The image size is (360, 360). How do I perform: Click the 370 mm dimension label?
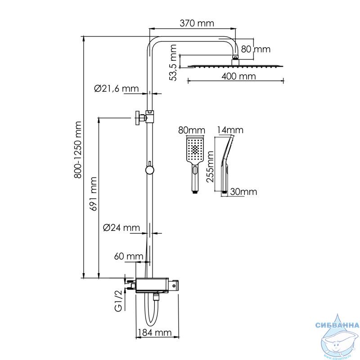pyautogui.click(x=197, y=23)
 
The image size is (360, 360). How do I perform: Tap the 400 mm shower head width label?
pyautogui.click(x=238, y=76)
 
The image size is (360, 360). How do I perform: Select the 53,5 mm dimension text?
pyautogui.click(x=173, y=63)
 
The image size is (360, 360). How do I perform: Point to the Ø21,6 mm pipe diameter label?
pyautogui.click(x=117, y=88)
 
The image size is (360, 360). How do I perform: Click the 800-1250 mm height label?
pyautogui.click(x=78, y=150)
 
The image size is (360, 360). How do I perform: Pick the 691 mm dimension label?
pyautogui.click(x=93, y=194)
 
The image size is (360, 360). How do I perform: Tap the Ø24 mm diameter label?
pyautogui.click(x=121, y=228)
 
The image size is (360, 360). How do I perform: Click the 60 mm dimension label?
pyautogui.click(x=129, y=256)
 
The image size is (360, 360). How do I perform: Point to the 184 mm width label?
pyautogui.click(x=155, y=333)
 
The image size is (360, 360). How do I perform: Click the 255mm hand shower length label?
pyautogui.click(x=210, y=166)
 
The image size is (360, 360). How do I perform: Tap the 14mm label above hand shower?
pyautogui.click(x=230, y=130)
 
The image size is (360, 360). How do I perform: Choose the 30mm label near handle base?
pyautogui.click(x=243, y=192)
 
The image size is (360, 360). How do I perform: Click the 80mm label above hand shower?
pyautogui.click(x=192, y=130)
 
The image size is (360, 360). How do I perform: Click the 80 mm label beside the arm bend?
pyautogui.click(x=256, y=49)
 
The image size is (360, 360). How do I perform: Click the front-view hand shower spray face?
pyautogui.click(x=195, y=149)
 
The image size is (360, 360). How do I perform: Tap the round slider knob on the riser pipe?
pyautogui.click(x=149, y=170)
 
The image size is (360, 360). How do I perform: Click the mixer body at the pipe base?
pyautogui.click(x=157, y=285)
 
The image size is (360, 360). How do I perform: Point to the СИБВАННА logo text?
pyautogui.click(x=337, y=325)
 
